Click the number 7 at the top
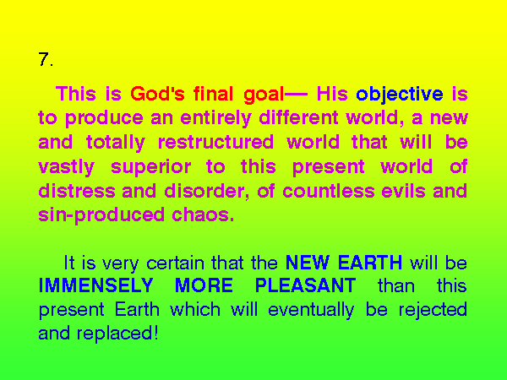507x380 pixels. tap(43, 59)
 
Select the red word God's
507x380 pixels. tap(157, 94)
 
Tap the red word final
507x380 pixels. tap(213, 94)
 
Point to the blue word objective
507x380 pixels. tap(400, 95)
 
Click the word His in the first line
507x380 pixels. tap(332, 94)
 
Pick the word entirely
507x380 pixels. tap(215, 118)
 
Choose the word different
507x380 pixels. tap(298, 117)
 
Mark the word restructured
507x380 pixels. tap(215, 142)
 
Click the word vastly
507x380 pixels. tap(66, 167)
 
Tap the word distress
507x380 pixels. tap(77, 191)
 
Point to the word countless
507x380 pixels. tap(329, 191)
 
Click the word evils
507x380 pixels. tap(403, 191)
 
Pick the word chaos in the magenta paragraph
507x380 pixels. tap(203, 214)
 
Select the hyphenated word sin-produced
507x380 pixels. tap(101, 215)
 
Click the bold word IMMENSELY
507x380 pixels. tap(95, 285)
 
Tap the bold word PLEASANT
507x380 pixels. tap(306, 285)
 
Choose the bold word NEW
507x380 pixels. tap(308, 262)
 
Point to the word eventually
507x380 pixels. tap(311, 310)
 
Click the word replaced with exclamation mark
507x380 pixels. tap(117, 334)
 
